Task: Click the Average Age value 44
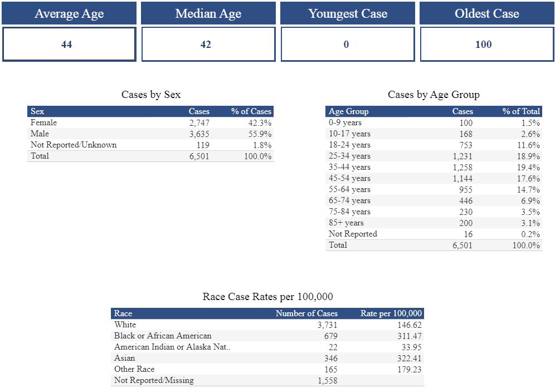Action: [x=66, y=45]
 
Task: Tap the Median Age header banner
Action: [x=208, y=14]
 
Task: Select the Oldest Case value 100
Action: [x=483, y=45]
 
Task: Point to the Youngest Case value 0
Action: [x=346, y=45]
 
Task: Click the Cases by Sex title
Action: [x=151, y=95]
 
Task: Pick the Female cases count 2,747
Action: [x=199, y=122]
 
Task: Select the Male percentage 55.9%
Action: [x=260, y=134]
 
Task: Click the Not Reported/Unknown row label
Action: [x=74, y=145]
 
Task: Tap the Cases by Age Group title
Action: [x=434, y=95]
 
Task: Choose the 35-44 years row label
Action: [x=349, y=167]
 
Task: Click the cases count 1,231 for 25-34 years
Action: [x=463, y=156]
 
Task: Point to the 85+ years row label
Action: [x=346, y=223]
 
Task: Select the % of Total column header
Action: [x=521, y=111]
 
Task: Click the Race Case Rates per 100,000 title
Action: [x=268, y=297]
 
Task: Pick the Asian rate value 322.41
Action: [x=407, y=358]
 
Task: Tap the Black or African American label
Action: [x=163, y=336]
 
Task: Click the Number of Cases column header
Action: [x=306, y=313]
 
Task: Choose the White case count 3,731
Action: [x=327, y=325]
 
